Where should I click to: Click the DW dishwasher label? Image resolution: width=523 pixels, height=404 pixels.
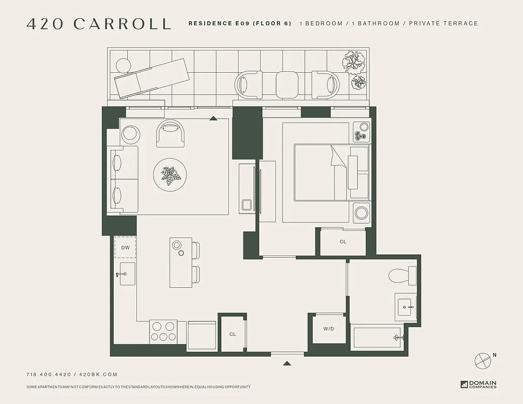pos(126,247)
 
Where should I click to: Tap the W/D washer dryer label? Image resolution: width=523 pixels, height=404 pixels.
pos(329,329)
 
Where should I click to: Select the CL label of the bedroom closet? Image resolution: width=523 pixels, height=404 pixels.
pos(343,242)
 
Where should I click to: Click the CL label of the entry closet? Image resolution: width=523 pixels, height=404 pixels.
pos(232,334)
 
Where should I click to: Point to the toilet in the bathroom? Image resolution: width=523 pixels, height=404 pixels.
pos(402,276)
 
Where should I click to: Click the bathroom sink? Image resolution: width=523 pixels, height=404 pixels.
pos(406,305)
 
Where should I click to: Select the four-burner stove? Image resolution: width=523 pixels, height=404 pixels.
pos(163,332)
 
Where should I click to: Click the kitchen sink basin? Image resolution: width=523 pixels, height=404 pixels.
pos(127,274)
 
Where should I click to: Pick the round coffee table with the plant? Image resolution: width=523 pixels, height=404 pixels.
pos(170,175)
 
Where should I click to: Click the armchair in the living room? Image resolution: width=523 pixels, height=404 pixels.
pos(170,133)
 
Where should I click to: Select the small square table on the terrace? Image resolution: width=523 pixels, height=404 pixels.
pos(287,84)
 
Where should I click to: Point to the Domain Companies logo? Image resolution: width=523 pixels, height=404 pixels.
pos(479,384)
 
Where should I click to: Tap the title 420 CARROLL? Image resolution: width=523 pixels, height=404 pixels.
pos(99,24)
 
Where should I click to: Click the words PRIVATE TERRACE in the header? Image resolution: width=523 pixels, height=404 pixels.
pos(444,23)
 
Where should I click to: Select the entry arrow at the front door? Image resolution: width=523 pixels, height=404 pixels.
pos(287,363)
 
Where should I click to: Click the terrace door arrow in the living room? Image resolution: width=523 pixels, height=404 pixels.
pos(213,118)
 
